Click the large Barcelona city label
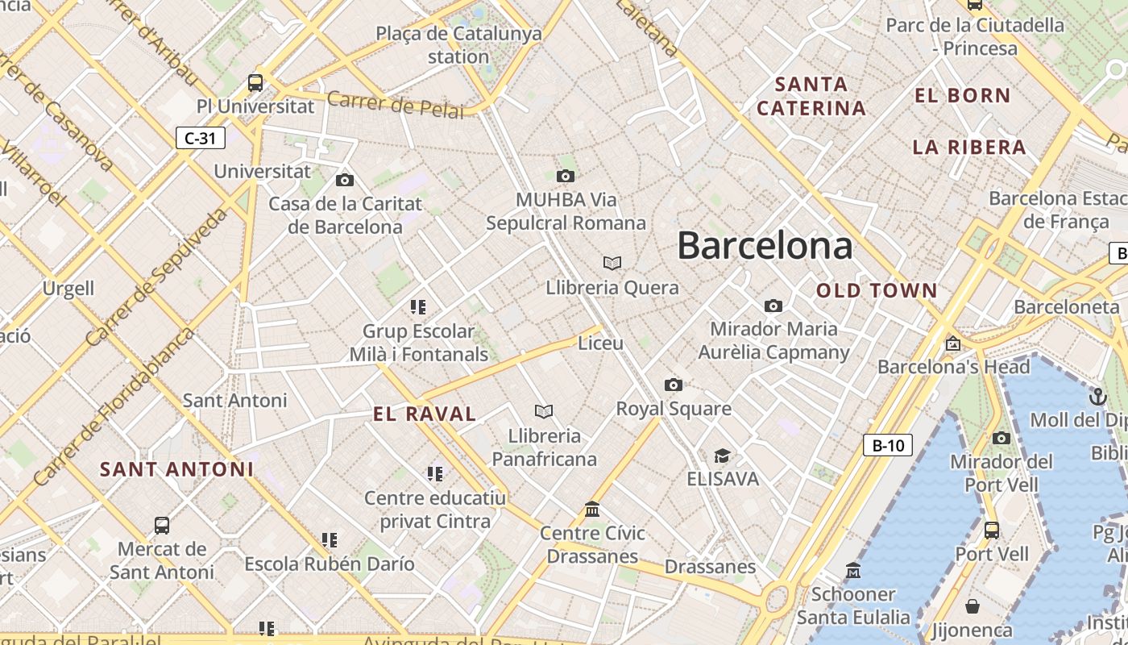tap(765, 245)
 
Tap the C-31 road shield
tap(200, 138)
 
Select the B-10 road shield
tap(888, 445)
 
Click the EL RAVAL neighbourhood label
tap(425, 414)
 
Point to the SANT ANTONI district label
tap(176, 469)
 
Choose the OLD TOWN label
tap(877, 291)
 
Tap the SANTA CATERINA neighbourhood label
tap(811, 96)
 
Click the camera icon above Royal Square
tap(674, 385)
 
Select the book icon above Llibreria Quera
tap(612, 263)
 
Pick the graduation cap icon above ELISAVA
tap(722, 456)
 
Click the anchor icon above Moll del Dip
tap(1097, 396)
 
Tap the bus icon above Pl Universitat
tap(255, 82)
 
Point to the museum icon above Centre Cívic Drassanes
tap(592, 509)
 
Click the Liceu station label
tap(601, 343)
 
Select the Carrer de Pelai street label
tap(396, 105)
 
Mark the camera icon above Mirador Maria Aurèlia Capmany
tap(773, 306)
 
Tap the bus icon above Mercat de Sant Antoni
tap(162, 526)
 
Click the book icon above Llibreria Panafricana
tap(544, 412)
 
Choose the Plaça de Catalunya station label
tap(458, 45)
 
